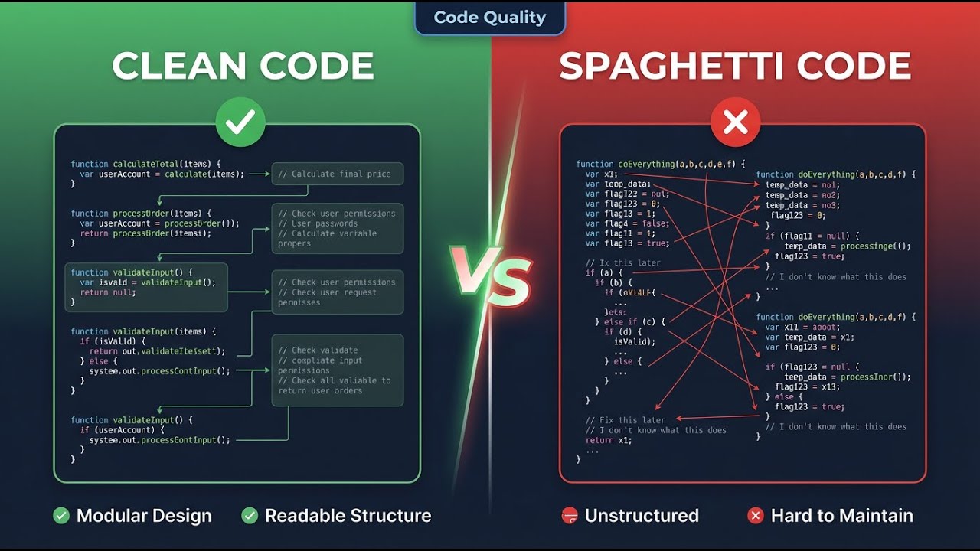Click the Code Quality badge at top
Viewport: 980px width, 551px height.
click(x=489, y=18)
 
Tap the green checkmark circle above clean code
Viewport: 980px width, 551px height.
click(x=240, y=122)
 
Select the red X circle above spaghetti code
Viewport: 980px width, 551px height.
click(x=735, y=122)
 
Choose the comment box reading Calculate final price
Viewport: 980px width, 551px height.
click(x=337, y=174)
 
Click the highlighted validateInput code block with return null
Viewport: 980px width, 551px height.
click(x=146, y=287)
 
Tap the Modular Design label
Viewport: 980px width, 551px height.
click(x=144, y=516)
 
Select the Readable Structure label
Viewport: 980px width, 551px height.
click(x=348, y=516)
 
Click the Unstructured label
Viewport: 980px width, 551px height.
click(x=642, y=516)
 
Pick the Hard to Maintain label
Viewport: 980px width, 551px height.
click(x=841, y=516)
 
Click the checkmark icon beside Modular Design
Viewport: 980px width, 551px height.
click(x=61, y=516)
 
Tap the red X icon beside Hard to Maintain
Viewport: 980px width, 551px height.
click(x=756, y=516)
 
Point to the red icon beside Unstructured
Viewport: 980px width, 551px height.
click(x=570, y=516)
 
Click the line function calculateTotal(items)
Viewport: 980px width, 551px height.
click(x=145, y=164)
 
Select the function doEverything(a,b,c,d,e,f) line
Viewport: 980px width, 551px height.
click(x=660, y=164)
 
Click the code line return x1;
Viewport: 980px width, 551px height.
click(x=609, y=440)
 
